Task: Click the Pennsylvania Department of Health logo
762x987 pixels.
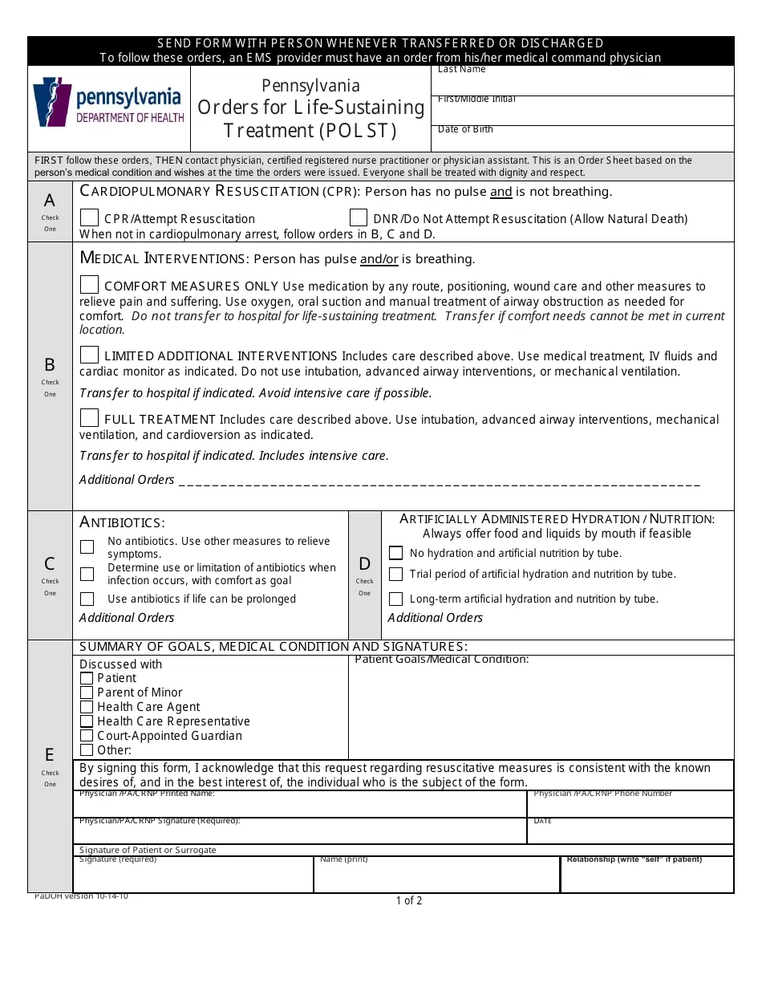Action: pos(109,103)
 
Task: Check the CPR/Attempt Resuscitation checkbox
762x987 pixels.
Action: pos(90,218)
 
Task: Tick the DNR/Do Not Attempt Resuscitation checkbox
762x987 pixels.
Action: pos(359,218)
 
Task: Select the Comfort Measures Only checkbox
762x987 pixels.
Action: pos(90,285)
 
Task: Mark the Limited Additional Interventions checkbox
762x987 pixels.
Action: pos(90,355)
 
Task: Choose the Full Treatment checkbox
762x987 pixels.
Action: pos(90,418)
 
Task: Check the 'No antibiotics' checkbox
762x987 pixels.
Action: pos(87,546)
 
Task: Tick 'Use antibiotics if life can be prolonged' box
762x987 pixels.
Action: pos(87,599)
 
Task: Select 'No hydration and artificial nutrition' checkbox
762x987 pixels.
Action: pos(395,553)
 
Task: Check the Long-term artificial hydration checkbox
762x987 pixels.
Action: pos(395,599)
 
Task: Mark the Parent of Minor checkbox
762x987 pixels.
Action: pos(87,693)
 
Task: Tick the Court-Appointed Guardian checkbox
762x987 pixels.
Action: pos(87,736)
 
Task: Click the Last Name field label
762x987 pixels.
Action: pos(462,70)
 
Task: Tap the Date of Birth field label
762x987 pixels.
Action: pos(465,129)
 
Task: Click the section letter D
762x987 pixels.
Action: pos(365,564)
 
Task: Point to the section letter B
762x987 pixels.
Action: pos(50,364)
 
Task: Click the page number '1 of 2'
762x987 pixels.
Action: pos(409,900)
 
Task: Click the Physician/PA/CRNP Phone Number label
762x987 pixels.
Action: pos(602,794)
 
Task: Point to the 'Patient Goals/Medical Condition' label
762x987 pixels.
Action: pos(442,660)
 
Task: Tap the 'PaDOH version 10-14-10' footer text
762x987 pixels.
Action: pos(81,896)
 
